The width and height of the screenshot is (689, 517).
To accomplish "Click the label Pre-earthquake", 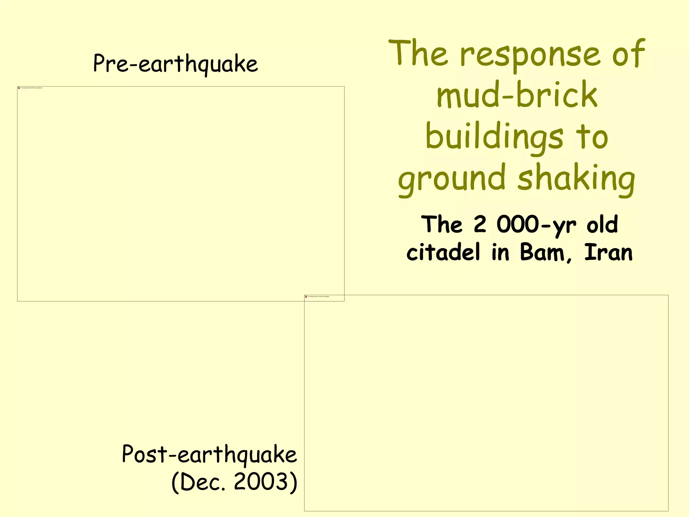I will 175,64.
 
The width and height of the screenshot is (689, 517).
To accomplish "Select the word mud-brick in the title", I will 517,95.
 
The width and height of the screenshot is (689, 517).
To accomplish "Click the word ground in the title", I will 451,178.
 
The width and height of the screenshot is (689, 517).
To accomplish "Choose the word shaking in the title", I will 576,178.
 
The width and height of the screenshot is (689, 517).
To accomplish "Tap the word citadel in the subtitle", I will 443,252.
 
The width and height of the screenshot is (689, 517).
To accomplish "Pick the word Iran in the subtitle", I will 608,252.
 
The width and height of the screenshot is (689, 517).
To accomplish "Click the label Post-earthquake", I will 209,454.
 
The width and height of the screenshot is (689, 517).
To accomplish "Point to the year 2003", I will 261,482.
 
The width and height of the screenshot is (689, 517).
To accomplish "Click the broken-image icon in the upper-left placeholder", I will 19,88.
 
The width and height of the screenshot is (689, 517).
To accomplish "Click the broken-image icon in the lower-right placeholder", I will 306,297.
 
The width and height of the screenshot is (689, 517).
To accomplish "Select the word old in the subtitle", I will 602,225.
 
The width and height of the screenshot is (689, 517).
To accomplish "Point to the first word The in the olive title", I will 418,54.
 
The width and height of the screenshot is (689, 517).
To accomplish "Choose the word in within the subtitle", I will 500,252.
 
